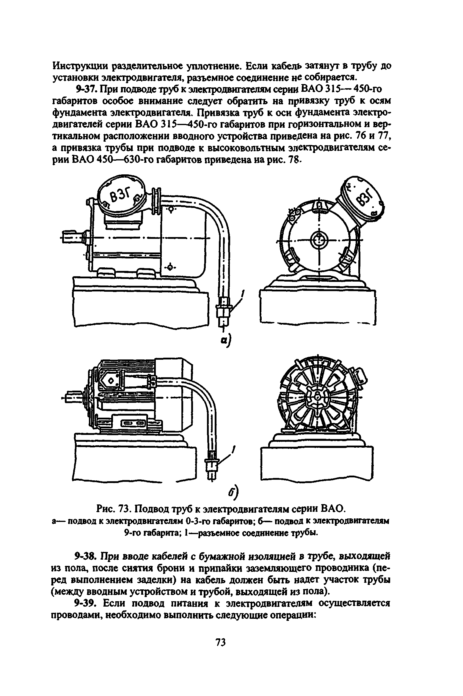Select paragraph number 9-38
pyautogui.click(x=87, y=555)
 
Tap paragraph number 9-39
pyautogui.click(x=87, y=603)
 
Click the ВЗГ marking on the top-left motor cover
pyautogui.click(x=120, y=196)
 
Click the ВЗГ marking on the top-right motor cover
pyautogui.click(x=364, y=198)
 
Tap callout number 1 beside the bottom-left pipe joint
pyautogui.click(x=234, y=449)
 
